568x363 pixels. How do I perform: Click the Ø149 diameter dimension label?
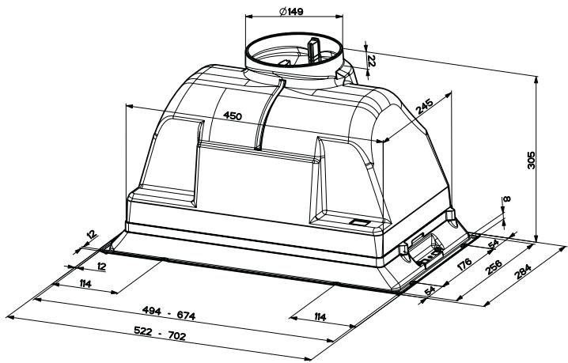pos(291,11)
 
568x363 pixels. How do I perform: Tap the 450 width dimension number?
pos(233,115)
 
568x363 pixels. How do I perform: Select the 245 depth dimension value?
pos(424,106)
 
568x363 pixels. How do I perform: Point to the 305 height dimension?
pos(531,160)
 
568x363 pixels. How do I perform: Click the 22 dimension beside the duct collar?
pos(372,60)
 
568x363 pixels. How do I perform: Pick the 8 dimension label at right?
pos(507,199)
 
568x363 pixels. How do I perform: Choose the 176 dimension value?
pos(464,264)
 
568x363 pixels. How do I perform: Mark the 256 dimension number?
pos(494,267)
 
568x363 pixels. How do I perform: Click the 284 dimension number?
pos(523,271)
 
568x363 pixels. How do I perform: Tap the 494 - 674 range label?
pos(169,313)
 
